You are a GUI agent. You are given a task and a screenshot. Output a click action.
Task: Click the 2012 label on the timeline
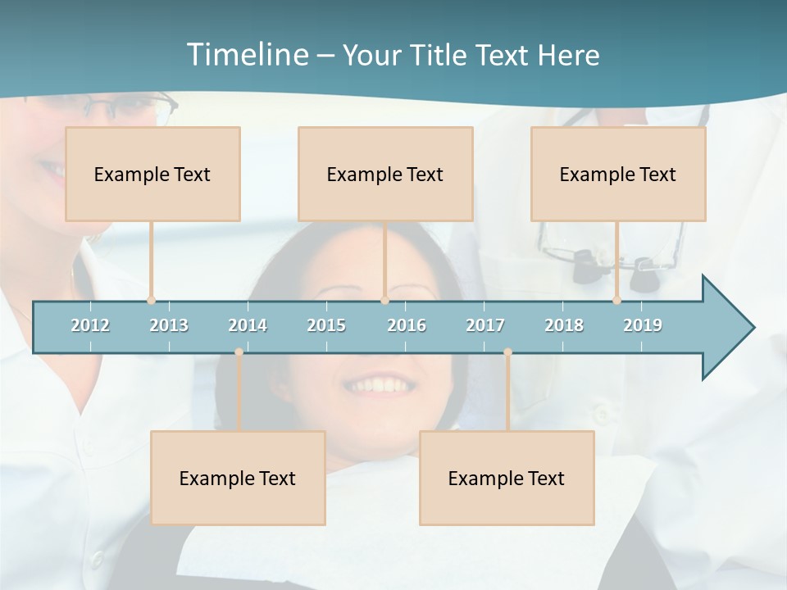pos(90,325)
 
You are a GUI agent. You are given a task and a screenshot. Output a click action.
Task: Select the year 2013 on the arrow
pos(169,325)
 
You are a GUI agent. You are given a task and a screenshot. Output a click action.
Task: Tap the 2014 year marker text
pos(248,325)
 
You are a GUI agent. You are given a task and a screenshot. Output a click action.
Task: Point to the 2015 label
pos(326,325)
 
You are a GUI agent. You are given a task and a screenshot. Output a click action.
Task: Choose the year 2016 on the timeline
pos(407,325)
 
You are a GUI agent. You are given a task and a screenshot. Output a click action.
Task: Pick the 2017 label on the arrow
pos(485,325)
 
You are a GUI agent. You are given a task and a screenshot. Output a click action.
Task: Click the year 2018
pos(564,325)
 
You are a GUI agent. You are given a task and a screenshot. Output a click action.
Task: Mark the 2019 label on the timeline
pos(643,325)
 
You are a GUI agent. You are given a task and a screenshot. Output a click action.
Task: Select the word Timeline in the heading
pos(247,55)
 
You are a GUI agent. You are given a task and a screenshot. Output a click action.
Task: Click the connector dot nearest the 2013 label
pos(151,301)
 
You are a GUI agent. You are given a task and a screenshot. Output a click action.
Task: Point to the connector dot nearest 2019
pos(616,301)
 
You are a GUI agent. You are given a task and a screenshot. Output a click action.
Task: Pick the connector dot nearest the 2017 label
pos(507,352)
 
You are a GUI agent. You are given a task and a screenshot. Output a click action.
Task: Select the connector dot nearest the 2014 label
pos(239,352)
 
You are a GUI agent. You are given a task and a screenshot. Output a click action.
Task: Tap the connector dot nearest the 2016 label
pos(384,301)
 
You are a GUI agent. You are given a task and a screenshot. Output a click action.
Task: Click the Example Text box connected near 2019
pos(618,174)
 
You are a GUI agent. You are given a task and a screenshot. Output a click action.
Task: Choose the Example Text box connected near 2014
pos(238,478)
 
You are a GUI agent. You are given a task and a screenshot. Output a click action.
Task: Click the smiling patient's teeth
pos(379,384)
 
